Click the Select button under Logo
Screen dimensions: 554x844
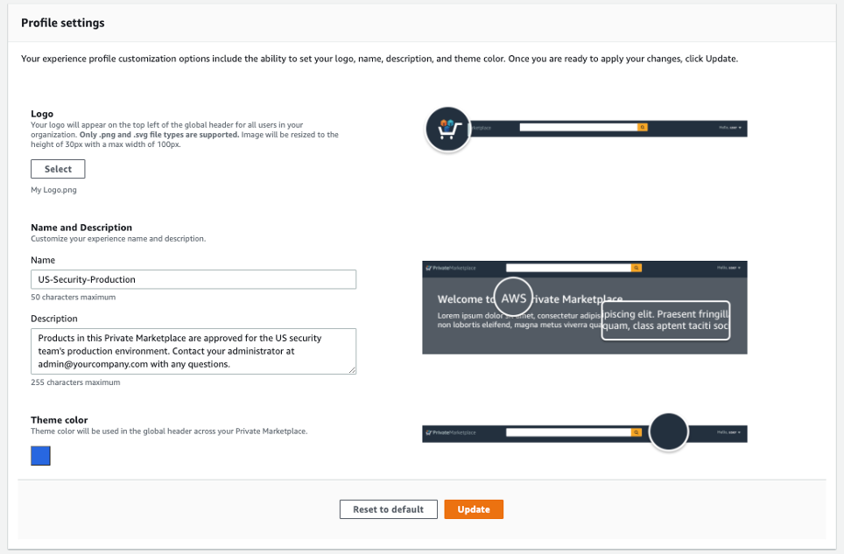58,169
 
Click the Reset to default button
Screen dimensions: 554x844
388,509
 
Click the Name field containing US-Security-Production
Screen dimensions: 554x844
193,279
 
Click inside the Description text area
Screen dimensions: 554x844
193,351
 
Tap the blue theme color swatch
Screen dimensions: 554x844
40,456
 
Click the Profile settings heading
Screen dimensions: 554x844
63,23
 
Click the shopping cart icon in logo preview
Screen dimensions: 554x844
448,129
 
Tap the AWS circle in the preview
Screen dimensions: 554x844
514,298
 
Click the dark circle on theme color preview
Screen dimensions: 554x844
669,432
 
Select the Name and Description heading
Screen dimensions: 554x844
81,228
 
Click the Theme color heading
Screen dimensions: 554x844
60,420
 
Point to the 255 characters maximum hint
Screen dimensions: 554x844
75,382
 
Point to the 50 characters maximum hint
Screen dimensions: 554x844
73,298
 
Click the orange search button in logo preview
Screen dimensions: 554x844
642,128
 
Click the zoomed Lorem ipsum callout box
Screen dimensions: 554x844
665,320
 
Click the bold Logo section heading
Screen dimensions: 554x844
42,114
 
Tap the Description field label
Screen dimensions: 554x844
54,319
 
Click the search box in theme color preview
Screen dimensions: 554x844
573,432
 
